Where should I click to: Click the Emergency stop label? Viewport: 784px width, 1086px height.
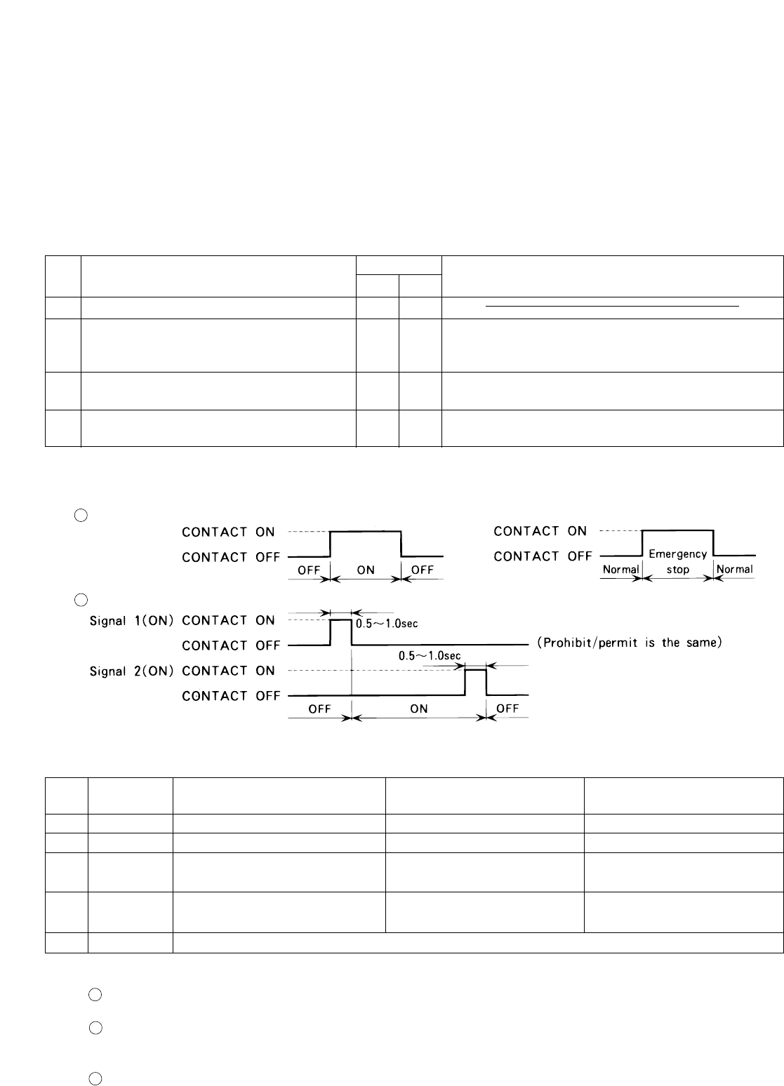(x=677, y=561)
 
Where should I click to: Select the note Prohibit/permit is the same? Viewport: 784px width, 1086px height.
(x=630, y=643)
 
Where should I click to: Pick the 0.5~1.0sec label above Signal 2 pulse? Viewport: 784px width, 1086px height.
(x=430, y=655)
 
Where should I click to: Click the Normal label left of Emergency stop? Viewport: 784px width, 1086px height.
(x=621, y=569)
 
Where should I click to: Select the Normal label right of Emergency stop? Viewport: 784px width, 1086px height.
(x=734, y=569)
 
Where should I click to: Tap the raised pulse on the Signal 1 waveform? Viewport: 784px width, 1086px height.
(x=340, y=621)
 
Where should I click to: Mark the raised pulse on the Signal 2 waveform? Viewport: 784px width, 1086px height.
(x=475, y=671)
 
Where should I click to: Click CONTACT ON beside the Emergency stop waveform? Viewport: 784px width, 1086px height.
(x=540, y=531)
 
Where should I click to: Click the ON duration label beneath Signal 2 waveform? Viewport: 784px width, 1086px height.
(x=419, y=709)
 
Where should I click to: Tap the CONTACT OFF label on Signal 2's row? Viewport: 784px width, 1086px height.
(x=231, y=696)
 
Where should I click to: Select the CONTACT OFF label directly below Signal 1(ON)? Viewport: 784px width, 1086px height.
(x=231, y=645)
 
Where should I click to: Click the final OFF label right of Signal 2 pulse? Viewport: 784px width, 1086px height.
(x=507, y=709)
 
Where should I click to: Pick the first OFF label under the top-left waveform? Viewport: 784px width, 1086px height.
(x=309, y=570)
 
